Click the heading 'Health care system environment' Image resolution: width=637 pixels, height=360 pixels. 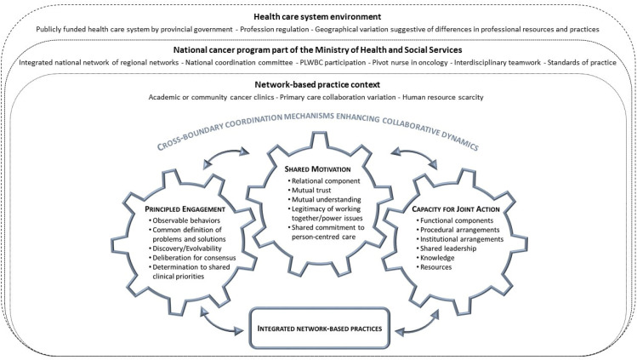pyautogui.click(x=318, y=15)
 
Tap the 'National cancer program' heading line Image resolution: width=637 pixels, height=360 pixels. pyautogui.click(x=318, y=50)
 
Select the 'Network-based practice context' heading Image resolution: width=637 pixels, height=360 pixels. pyautogui.click(x=318, y=85)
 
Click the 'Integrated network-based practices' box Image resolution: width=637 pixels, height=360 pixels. pyautogui.click(x=320, y=328)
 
